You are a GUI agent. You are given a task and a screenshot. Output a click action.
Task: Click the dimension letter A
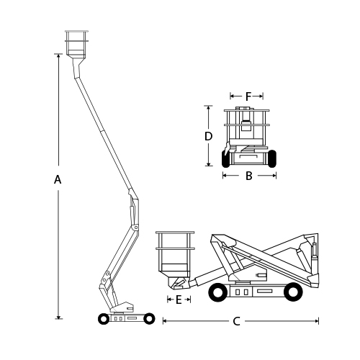[x=58, y=179]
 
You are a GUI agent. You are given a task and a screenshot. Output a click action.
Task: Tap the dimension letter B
[x=249, y=176]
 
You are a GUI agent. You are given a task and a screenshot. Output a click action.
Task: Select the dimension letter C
[x=236, y=321]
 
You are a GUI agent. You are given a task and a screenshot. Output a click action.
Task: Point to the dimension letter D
[x=208, y=136]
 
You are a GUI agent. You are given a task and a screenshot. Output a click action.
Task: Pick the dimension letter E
[x=179, y=300]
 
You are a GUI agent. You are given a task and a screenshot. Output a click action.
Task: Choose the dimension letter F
[x=248, y=96]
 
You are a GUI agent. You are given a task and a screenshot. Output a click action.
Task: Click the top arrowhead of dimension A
[x=58, y=55]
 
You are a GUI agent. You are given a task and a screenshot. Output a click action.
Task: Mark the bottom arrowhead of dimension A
[x=58, y=317]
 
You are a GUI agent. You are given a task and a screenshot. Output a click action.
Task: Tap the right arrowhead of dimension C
[x=317, y=321]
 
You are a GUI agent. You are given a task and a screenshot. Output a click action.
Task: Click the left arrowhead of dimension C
[x=165, y=321]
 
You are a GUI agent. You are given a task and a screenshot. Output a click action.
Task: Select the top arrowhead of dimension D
[x=208, y=108]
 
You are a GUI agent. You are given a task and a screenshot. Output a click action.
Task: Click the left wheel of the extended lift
[x=104, y=319]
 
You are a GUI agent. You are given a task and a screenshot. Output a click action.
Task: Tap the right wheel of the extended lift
[x=149, y=319]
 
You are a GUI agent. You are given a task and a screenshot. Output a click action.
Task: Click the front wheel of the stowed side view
[x=218, y=292]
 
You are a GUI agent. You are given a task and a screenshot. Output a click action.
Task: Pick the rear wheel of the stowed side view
[x=293, y=292]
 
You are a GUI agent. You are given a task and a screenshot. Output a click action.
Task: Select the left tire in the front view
[x=225, y=158]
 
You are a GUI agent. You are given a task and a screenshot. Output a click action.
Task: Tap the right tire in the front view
[x=271, y=158]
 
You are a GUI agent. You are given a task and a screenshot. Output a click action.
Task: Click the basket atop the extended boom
[x=76, y=45]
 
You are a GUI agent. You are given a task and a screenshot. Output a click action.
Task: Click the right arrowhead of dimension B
[x=274, y=176]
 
